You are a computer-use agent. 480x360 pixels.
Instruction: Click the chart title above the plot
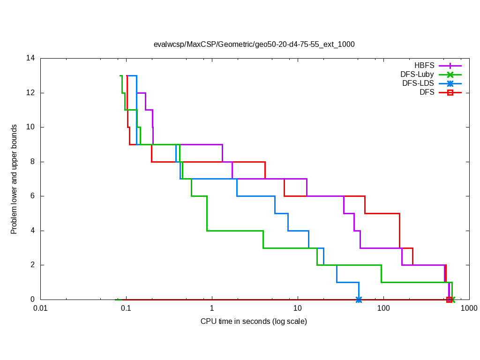click(x=254, y=45)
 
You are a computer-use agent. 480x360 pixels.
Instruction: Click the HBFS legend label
click(x=424, y=66)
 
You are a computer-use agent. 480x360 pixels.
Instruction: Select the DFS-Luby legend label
click(x=417, y=75)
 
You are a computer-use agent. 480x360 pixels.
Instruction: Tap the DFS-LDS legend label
click(x=418, y=83)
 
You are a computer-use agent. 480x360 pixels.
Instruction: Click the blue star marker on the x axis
click(x=359, y=300)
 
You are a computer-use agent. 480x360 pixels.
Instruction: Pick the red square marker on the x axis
click(x=449, y=300)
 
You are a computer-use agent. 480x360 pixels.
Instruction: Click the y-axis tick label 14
click(x=31, y=59)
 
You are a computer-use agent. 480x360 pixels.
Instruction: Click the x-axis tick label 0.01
click(x=40, y=308)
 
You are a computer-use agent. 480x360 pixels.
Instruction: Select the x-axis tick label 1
click(x=212, y=308)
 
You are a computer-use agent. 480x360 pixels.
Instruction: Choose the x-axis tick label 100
click(x=383, y=308)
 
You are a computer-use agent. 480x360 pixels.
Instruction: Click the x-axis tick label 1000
click(x=469, y=308)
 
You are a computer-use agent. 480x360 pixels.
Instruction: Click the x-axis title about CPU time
click(x=254, y=322)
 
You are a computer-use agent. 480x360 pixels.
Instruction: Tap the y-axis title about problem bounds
click(x=14, y=179)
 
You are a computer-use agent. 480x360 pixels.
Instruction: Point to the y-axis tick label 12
click(x=31, y=93)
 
